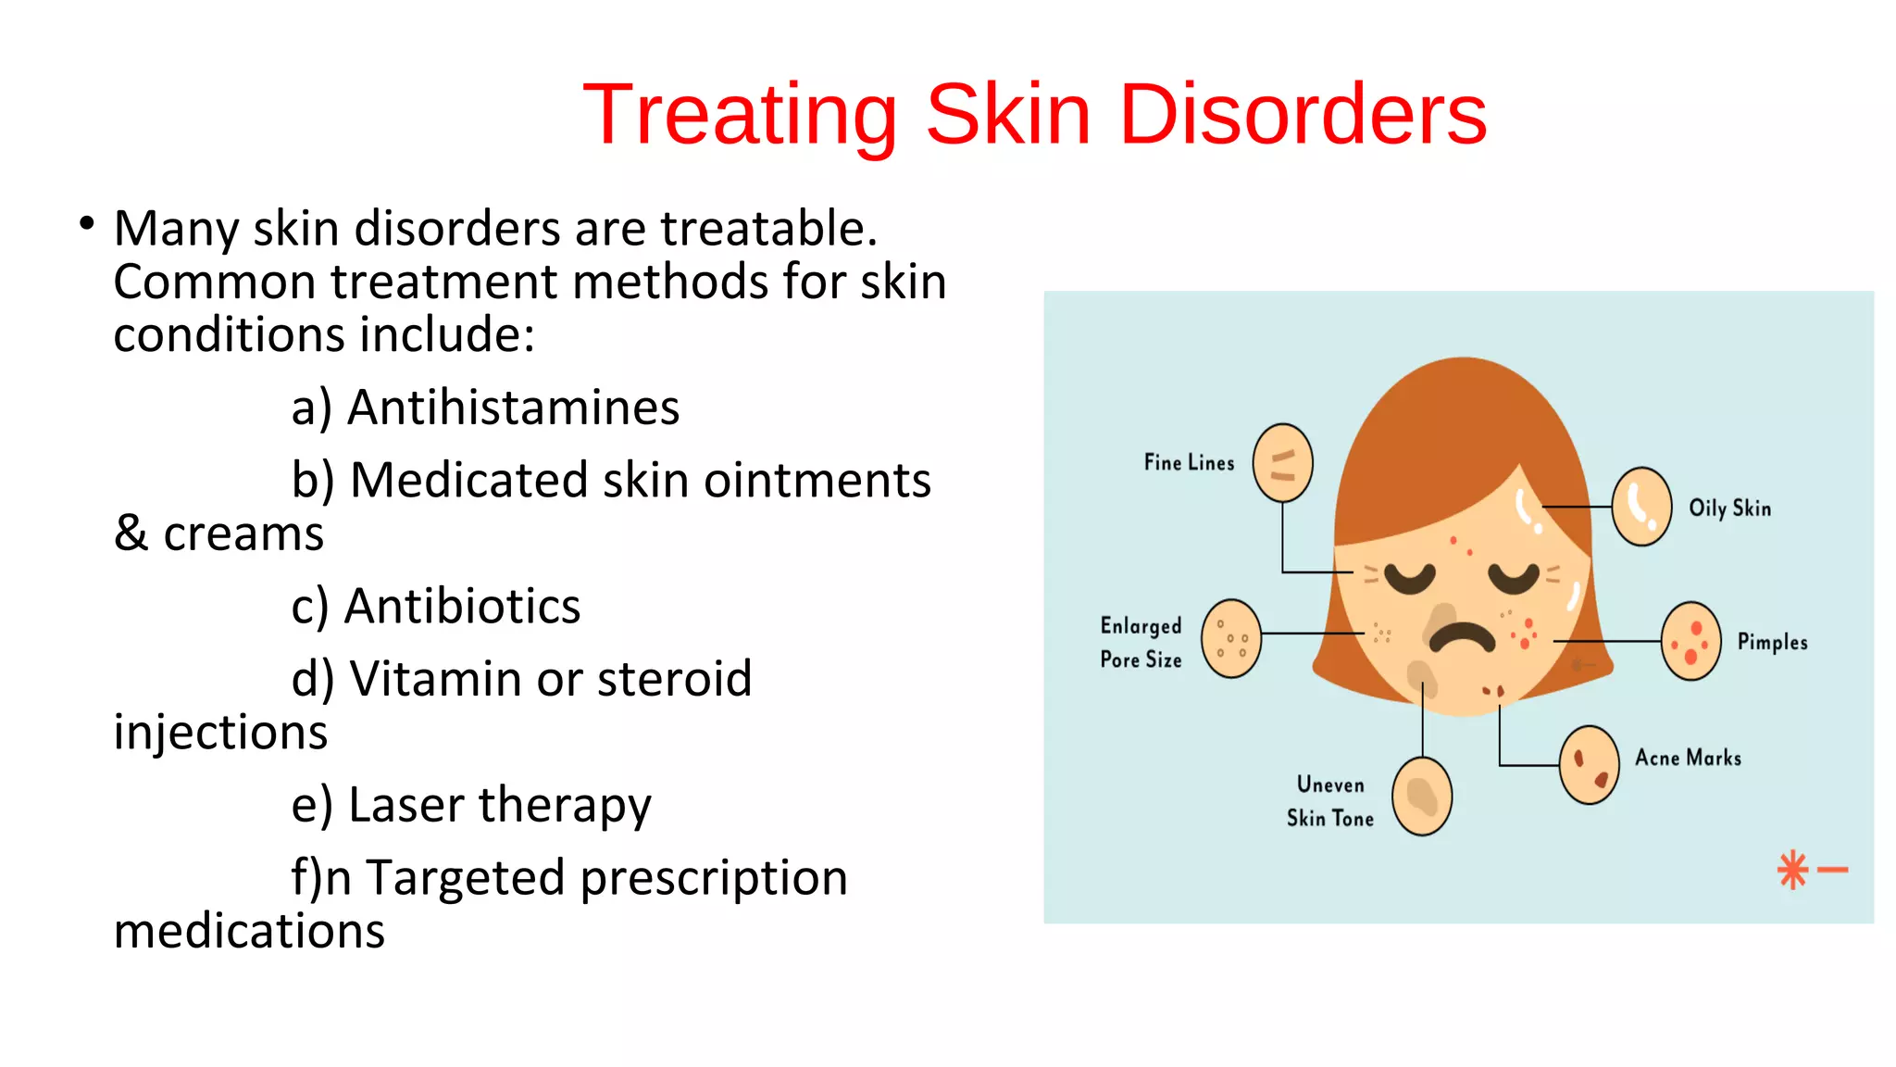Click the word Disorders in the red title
(1303, 114)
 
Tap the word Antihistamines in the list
(513, 408)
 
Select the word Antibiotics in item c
(462, 607)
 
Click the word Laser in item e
(407, 804)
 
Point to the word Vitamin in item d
(435, 679)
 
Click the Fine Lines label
(1189, 462)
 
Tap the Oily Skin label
(1729, 508)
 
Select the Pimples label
(1772, 642)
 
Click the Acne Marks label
(1688, 758)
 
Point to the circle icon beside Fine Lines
(1282, 462)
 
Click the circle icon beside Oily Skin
(1641, 506)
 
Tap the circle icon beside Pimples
(1690, 641)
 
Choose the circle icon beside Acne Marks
(1589, 764)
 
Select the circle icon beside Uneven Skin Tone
(1422, 796)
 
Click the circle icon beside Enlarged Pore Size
(1230, 638)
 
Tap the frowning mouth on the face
(1462, 637)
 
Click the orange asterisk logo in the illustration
(1793, 870)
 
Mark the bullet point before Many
(87, 223)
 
